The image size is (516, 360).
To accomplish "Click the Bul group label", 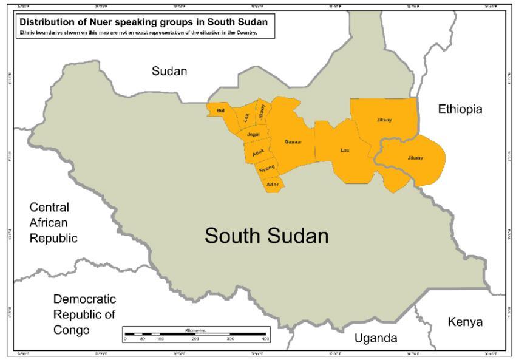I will pos(220,110).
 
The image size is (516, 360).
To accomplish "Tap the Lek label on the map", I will pos(246,118).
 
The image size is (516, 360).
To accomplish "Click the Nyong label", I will pos(267,168).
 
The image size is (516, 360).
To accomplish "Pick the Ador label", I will pos(273,183).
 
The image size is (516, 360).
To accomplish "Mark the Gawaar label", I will pos(293,141).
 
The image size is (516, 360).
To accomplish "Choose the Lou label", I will pos(345,149).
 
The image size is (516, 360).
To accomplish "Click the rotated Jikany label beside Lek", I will pos(262,112).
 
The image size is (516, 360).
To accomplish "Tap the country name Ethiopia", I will pos(460,109).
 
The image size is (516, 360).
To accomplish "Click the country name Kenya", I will pos(464,322).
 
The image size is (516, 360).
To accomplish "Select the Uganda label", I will pos(376,338).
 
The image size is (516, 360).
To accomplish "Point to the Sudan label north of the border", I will pos(169,71).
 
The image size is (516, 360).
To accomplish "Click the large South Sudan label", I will pos(266,236).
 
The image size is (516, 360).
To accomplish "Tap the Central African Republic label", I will pos(53,222).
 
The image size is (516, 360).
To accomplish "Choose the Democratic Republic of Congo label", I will pos(84,314).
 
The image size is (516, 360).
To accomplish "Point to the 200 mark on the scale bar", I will pos(195,339).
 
